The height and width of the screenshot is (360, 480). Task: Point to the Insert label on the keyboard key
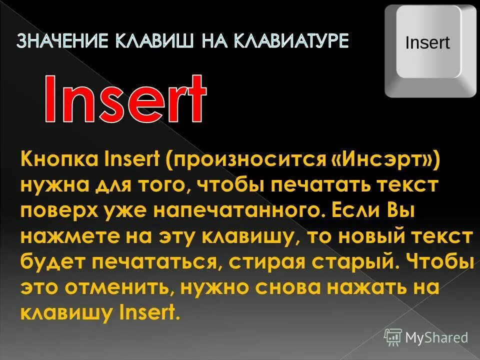tap(427, 42)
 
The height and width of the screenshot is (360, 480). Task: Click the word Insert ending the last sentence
tap(149, 312)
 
